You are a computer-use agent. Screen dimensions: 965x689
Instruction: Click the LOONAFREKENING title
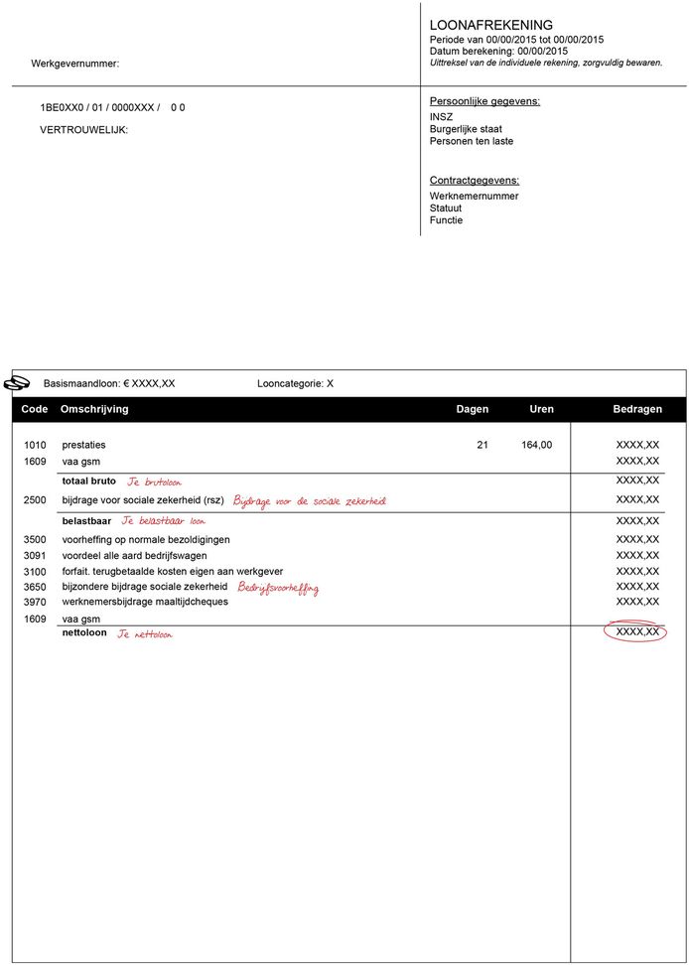pyautogui.click(x=490, y=25)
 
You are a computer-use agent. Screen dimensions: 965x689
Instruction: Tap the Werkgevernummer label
pyautogui.click(x=74, y=64)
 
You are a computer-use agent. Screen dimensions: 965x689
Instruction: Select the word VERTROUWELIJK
pyautogui.click(x=83, y=130)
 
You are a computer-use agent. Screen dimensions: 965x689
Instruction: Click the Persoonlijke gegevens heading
pyautogui.click(x=484, y=101)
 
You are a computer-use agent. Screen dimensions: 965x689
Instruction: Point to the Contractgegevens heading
pyautogui.click(x=475, y=180)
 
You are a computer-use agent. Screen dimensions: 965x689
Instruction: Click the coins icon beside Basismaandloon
pyautogui.click(x=19, y=382)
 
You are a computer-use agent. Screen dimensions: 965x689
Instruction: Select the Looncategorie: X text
pyautogui.click(x=295, y=383)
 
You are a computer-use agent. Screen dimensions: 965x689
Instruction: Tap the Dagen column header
pyautogui.click(x=472, y=409)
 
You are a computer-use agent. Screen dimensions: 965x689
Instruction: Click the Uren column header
pyautogui.click(x=541, y=409)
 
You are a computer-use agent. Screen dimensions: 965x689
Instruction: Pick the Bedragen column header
pyautogui.click(x=636, y=409)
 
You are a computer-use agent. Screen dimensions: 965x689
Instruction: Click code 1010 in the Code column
pyautogui.click(x=35, y=445)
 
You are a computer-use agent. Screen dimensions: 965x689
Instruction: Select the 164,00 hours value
pyautogui.click(x=536, y=445)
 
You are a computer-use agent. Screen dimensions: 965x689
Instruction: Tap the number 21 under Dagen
pyautogui.click(x=482, y=445)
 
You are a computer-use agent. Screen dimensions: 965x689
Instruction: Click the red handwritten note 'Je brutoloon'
pyautogui.click(x=154, y=482)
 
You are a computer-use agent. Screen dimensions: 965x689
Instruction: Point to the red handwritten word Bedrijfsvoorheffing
pyautogui.click(x=278, y=588)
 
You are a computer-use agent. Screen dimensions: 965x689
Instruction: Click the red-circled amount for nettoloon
pyautogui.click(x=636, y=631)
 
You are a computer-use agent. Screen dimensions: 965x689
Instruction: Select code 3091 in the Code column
pyautogui.click(x=35, y=555)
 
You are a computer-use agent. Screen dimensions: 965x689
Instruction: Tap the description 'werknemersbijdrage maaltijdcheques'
pyautogui.click(x=145, y=602)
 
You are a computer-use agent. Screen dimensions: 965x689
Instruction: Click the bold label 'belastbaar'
pyautogui.click(x=86, y=520)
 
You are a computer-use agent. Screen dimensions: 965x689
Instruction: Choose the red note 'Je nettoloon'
pyautogui.click(x=144, y=633)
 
